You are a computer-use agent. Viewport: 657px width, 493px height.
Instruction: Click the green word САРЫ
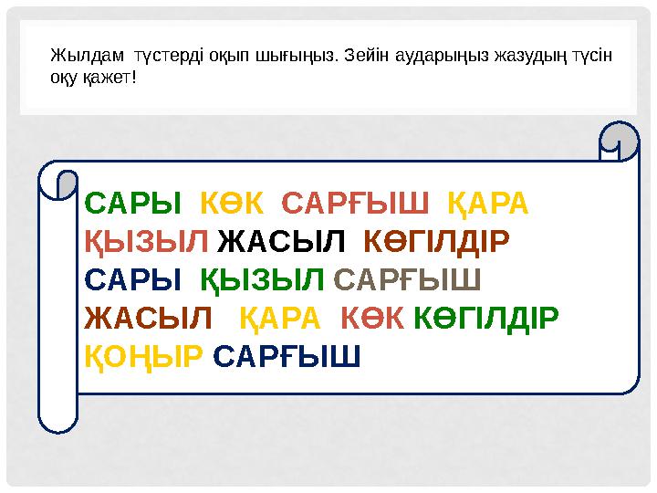(131, 201)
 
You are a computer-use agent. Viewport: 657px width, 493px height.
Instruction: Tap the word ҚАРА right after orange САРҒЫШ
(489, 201)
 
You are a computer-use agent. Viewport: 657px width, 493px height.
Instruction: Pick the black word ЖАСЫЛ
(283, 240)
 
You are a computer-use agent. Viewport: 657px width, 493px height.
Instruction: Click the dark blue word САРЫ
(131, 278)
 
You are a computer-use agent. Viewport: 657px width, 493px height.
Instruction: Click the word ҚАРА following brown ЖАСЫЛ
(280, 316)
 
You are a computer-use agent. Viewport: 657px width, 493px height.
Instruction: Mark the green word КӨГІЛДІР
(486, 316)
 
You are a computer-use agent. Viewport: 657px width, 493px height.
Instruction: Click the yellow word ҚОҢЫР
(142, 353)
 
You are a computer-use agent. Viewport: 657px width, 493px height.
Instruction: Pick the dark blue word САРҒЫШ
(287, 353)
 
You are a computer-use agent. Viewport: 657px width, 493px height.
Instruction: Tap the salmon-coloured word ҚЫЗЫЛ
(146, 240)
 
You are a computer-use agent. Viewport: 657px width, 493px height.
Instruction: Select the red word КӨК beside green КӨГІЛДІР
(371, 316)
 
